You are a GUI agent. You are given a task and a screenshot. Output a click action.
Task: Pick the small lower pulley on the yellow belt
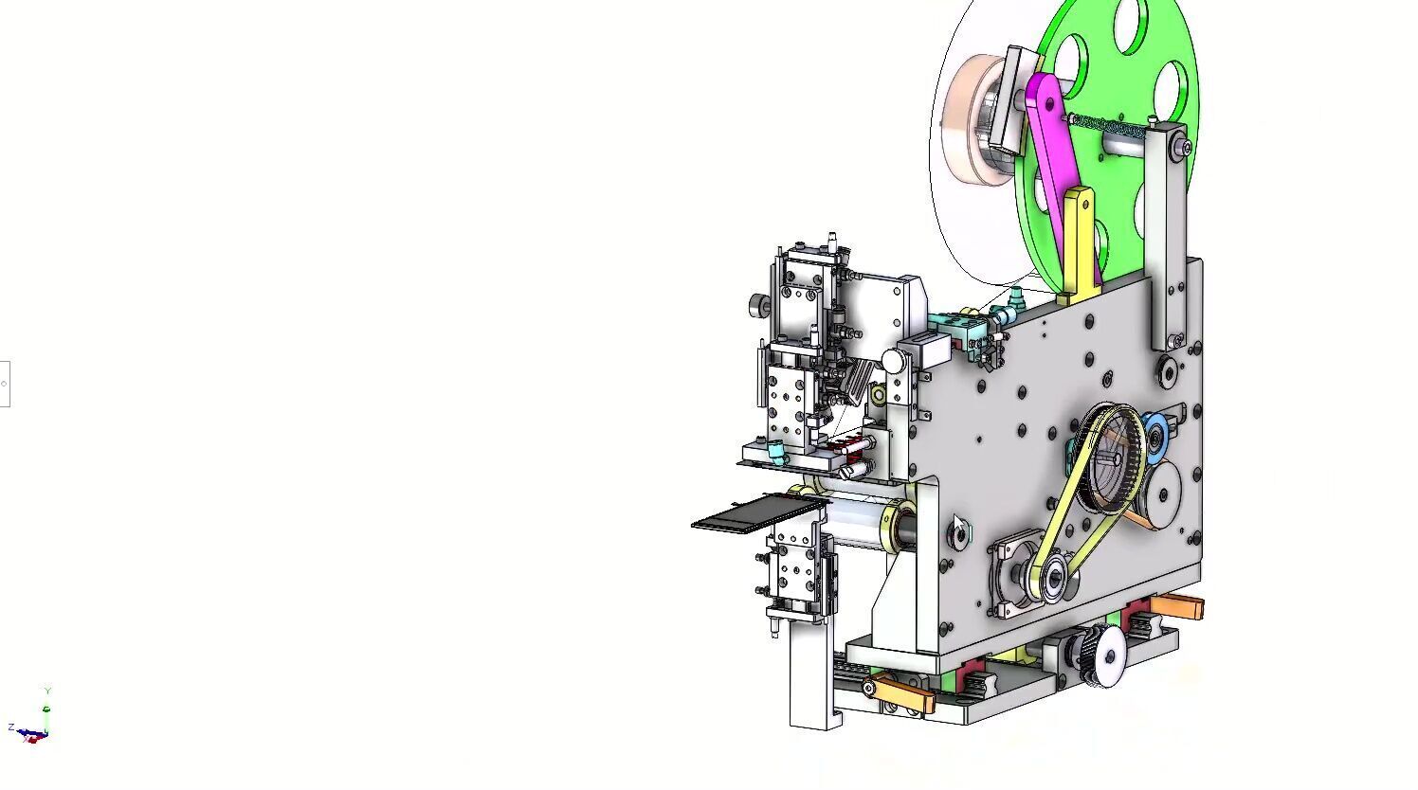1051,578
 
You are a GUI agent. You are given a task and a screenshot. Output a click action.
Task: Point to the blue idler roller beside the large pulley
1155,437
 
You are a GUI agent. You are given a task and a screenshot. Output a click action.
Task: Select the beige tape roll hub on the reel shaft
971,118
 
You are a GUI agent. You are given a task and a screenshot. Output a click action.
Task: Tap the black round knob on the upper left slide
757,304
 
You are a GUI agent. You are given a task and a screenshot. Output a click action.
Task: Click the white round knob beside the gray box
893,360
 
